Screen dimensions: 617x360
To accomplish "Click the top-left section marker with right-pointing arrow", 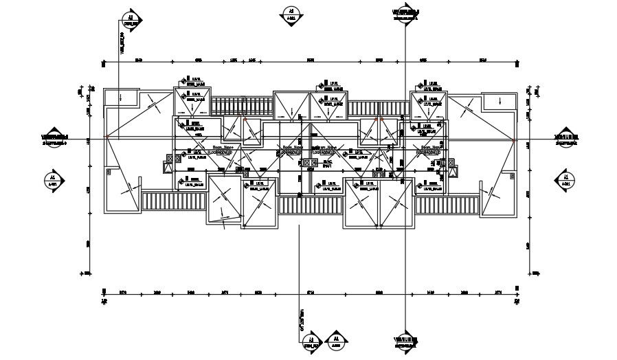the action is tap(131, 19).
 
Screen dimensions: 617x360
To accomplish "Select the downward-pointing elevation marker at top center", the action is tap(291, 14).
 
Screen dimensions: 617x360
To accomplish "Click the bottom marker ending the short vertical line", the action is tap(311, 343).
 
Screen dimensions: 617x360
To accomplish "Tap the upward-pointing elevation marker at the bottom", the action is tap(336, 341).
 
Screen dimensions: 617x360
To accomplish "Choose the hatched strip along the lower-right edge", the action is tap(447, 203).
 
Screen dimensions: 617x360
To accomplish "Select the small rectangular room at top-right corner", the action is tap(500, 101).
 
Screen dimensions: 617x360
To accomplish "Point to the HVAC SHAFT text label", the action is tap(328, 164).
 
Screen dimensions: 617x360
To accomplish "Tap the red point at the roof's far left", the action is tap(108, 138).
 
